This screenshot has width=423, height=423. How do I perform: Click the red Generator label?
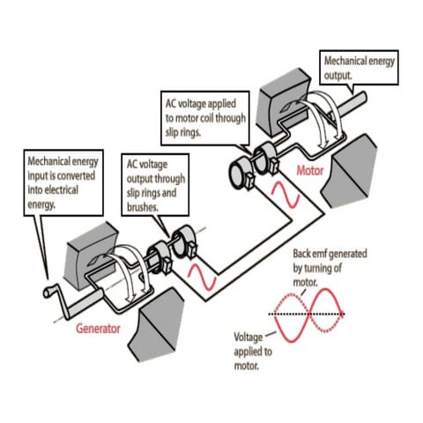[98, 329]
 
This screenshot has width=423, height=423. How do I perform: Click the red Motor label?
[309, 171]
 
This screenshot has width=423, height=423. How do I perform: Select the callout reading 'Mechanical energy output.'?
[359, 68]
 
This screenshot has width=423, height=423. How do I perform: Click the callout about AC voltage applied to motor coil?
[205, 118]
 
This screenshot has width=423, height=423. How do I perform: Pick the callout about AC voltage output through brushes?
[155, 185]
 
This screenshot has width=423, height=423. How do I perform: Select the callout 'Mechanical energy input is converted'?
[63, 182]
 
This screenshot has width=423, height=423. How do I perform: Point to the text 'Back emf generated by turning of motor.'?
[330, 268]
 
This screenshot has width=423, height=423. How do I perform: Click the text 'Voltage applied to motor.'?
[253, 351]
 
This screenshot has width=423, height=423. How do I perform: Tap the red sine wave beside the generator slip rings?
[202, 277]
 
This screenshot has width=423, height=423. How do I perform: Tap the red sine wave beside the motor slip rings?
[286, 195]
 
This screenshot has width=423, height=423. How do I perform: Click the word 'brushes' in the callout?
[143, 207]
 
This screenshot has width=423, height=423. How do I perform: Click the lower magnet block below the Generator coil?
[155, 324]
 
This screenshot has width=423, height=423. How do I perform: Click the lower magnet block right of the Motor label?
[349, 171]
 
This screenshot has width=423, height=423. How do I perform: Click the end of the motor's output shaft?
[364, 97]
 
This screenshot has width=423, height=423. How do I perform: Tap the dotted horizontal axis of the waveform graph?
[306, 314]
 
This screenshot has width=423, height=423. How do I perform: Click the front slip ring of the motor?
[239, 174]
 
